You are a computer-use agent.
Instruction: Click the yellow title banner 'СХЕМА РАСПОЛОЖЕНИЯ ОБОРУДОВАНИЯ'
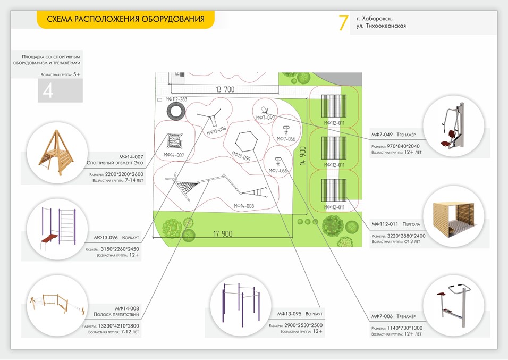coord(125,20)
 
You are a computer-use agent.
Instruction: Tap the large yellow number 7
coord(343,23)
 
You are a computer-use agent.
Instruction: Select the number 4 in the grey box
coord(48,91)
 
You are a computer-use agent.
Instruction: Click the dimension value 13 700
coord(225,90)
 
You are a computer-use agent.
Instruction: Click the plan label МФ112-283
coord(176,99)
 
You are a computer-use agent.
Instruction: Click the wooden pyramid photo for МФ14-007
coord(55,153)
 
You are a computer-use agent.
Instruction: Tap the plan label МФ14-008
coord(243,206)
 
